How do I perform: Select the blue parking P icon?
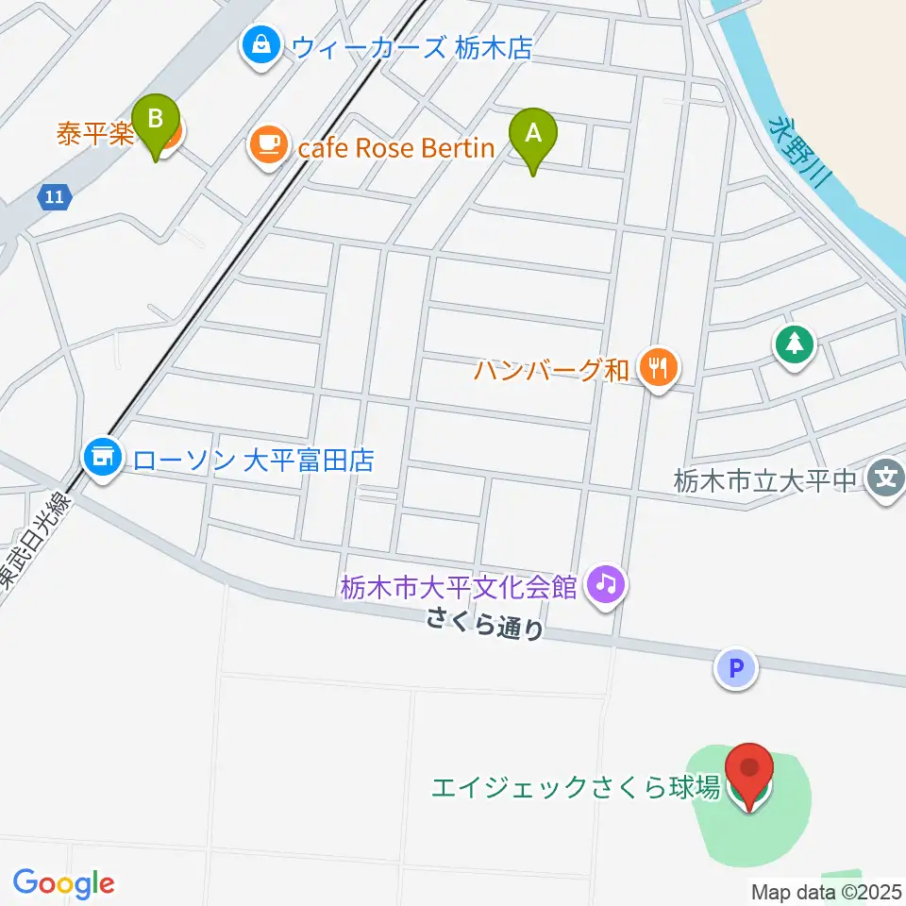(x=737, y=669)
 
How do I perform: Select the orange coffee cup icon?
(x=268, y=144)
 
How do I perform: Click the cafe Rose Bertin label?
(x=395, y=147)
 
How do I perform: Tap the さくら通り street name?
(x=485, y=624)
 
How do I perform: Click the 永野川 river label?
(x=798, y=156)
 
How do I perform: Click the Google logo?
(x=64, y=883)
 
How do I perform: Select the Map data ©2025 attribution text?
(x=825, y=891)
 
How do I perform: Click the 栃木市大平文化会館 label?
(x=459, y=587)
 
